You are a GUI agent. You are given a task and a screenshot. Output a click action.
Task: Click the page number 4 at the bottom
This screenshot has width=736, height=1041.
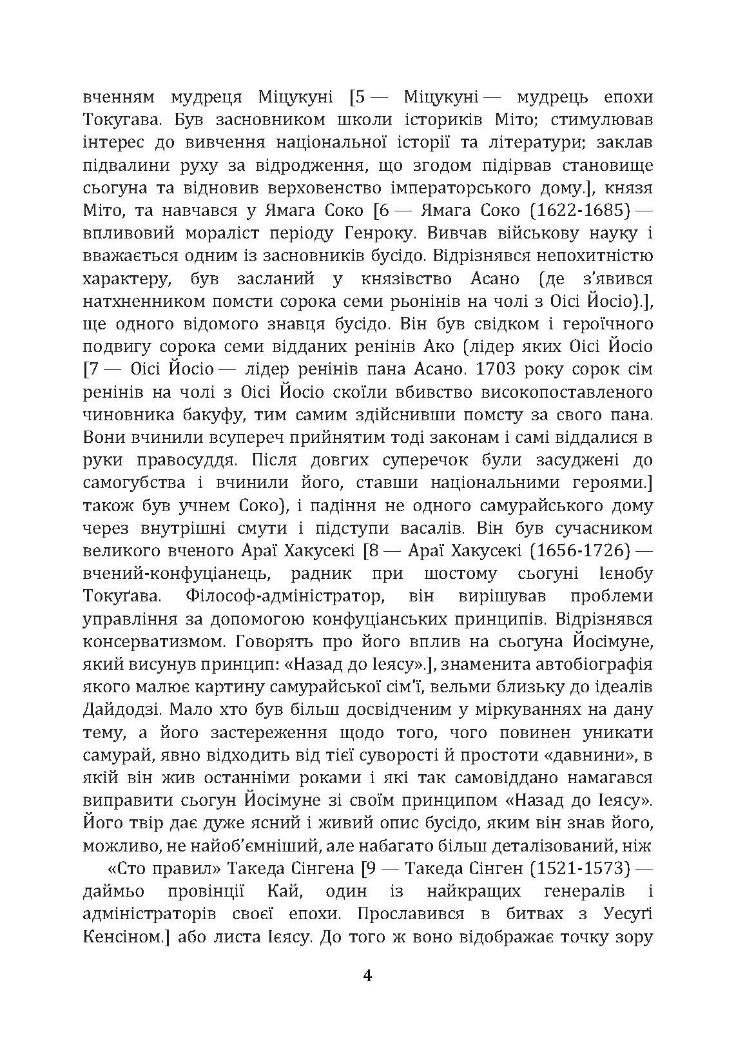(368, 976)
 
